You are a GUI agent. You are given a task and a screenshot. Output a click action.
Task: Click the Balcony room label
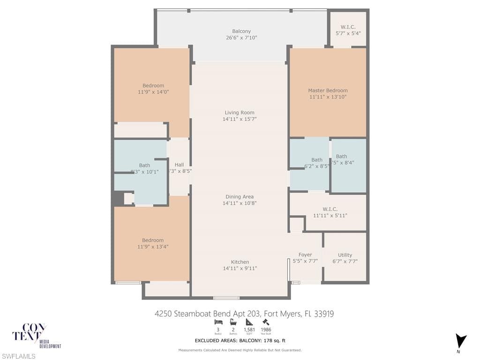(x=241, y=31)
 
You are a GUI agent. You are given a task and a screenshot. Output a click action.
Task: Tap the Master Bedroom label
(x=328, y=90)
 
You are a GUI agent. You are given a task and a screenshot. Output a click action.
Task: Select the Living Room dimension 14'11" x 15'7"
(x=240, y=119)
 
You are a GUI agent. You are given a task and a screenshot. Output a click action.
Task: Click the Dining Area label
(x=240, y=197)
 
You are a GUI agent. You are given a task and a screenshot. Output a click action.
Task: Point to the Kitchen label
(x=240, y=262)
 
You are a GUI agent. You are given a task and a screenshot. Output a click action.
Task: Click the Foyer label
(x=305, y=255)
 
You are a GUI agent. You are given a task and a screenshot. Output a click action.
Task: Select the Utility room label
(x=345, y=255)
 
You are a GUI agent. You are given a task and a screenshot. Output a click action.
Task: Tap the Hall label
(x=179, y=165)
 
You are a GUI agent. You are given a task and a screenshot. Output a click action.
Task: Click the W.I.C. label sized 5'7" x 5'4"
(x=348, y=27)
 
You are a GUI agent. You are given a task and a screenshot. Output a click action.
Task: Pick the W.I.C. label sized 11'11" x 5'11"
(x=330, y=210)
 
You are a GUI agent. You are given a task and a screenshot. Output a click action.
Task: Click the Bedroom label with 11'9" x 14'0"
(x=153, y=86)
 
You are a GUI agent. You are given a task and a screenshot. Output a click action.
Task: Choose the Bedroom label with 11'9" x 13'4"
(x=153, y=240)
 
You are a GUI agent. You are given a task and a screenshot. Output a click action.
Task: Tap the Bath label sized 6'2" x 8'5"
(x=317, y=160)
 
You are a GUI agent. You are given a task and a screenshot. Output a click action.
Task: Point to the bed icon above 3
(x=218, y=322)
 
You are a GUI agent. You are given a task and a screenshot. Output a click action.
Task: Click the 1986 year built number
(x=266, y=330)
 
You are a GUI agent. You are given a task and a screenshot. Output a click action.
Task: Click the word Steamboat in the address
(x=194, y=314)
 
